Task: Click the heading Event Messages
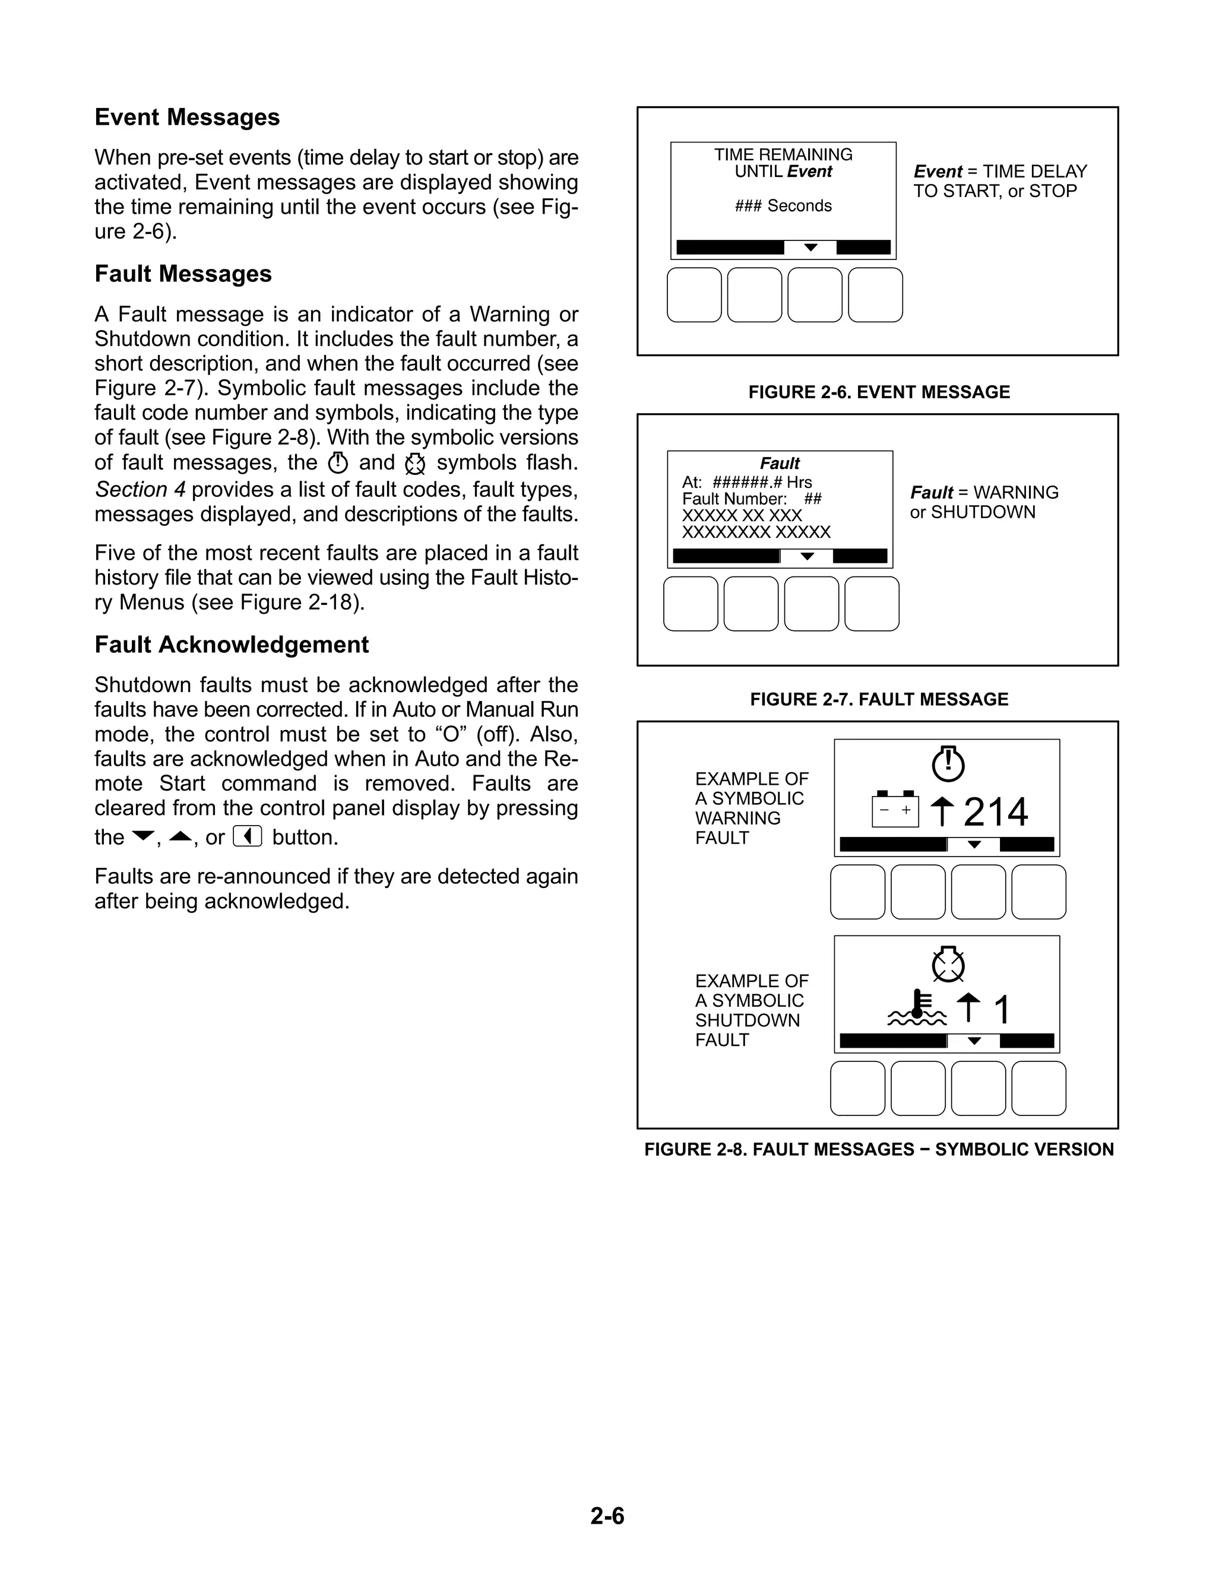tap(186, 118)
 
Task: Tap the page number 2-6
tap(607, 1515)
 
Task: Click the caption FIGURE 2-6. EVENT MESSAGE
tap(878, 392)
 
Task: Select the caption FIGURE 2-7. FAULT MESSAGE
tap(878, 699)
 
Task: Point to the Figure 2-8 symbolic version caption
tap(878, 1150)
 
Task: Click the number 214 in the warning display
tap(996, 813)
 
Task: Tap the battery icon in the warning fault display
tap(895, 810)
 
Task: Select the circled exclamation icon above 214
tap(948, 763)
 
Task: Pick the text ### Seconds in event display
tap(783, 206)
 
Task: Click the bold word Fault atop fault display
tap(780, 463)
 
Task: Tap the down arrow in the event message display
tap(810, 248)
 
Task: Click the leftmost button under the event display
tap(693, 295)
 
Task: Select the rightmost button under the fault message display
tap(872, 604)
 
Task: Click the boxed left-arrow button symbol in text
tap(247, 837)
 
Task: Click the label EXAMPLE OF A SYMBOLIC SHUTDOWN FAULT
tap(750, 1010)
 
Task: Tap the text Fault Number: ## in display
tap(751, 499)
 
